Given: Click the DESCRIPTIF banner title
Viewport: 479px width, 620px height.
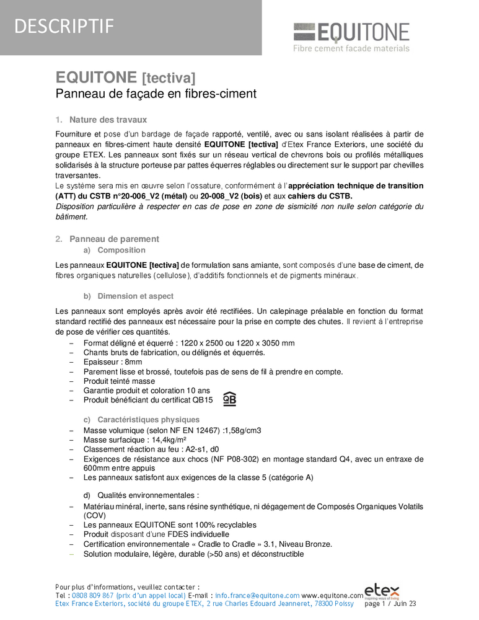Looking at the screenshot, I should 64,26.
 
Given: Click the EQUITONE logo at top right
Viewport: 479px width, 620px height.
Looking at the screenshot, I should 351,32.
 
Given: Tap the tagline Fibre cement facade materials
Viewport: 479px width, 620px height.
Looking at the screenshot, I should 351,48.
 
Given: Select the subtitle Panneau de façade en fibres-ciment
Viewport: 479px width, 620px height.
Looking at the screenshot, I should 156,94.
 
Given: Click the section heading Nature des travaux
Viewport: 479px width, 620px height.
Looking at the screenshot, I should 108,120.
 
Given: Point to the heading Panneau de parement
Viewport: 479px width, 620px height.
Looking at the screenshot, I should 114,239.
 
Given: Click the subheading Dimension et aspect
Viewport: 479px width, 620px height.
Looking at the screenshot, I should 135,296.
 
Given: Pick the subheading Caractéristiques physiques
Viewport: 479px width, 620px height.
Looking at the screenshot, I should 148,420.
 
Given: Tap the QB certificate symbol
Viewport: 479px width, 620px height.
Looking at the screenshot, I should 229,399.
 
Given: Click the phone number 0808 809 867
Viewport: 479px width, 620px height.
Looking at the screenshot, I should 95,595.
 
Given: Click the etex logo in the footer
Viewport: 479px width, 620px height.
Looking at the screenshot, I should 382,591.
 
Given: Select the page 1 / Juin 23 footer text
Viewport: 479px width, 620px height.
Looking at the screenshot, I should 390,603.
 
